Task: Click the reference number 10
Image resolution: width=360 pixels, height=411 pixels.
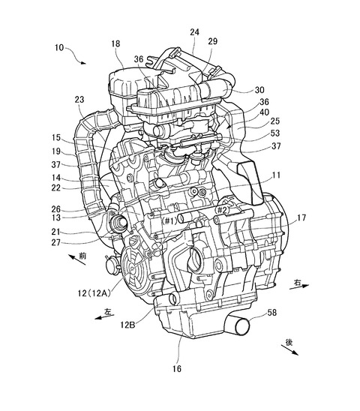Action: pyautogui.click(x=59, y=48)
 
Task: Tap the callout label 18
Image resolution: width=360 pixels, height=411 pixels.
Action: pyautogui.click(x=115, y=43)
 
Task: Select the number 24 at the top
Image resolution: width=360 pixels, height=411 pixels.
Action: pyautogui.click(x=194, y=32)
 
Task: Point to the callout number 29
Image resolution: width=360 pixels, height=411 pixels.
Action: pyautogui.click(x=213, y=41)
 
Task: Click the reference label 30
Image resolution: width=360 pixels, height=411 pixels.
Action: pyautogui.click(x=259, y=90)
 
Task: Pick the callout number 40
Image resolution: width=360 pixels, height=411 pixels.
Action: pyautogui.click(x=264, y=112)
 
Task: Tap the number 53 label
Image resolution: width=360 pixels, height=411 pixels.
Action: pyautogui.click(x=275, y=133)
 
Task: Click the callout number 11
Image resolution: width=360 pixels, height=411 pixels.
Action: pyautogui.click(x=276, y=175)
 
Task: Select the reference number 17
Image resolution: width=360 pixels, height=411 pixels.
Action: pyautogui.click(x=301, y=217)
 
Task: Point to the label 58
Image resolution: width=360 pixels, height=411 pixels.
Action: pyautogui.click(x=272, y=313)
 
